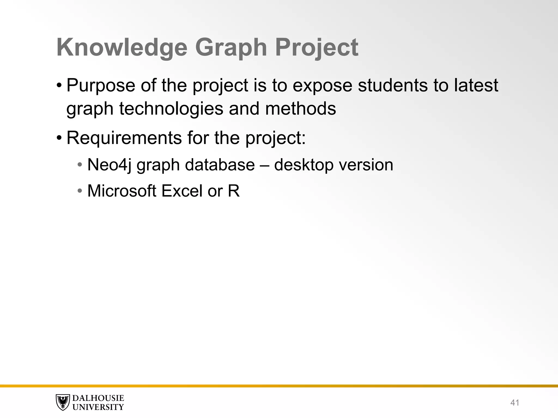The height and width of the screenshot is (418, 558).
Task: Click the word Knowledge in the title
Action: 122,48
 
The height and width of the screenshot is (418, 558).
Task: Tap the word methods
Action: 300,108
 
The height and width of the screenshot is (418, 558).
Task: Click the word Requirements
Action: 124,138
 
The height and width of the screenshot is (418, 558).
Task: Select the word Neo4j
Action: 109,165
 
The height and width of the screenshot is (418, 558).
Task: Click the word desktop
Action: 304,165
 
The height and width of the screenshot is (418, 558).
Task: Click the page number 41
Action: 514,402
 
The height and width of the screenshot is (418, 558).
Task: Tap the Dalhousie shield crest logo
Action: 63,402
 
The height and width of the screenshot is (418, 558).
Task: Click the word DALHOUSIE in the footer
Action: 98,398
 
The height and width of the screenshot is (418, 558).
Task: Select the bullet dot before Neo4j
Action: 80,165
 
